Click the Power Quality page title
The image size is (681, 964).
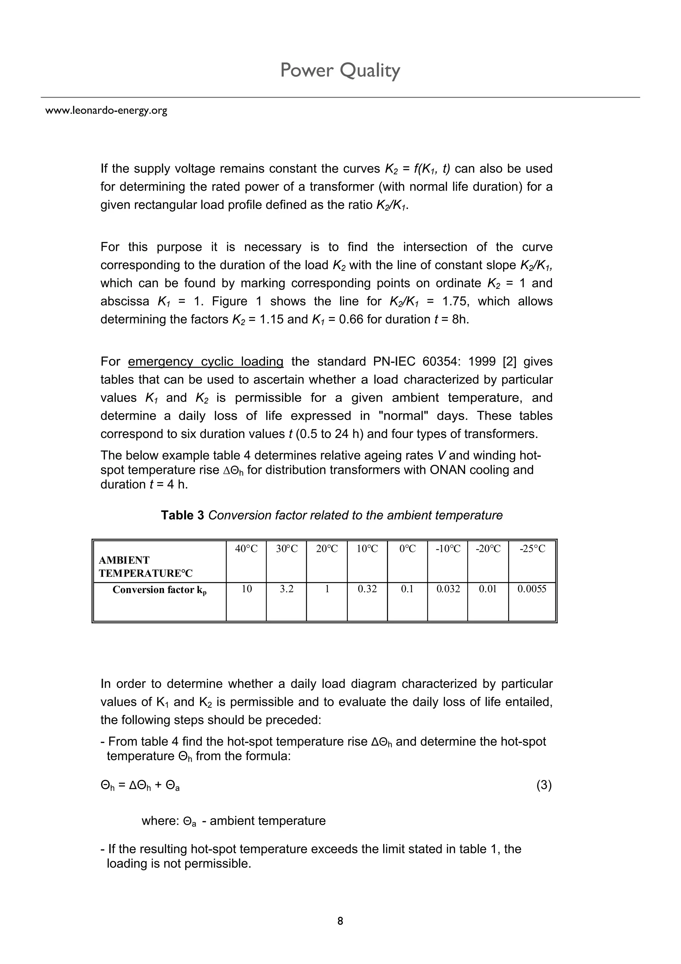340,70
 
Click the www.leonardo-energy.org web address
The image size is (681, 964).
106,110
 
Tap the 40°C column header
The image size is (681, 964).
246,549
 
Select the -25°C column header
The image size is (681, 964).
532,549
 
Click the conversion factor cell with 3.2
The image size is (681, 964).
286,589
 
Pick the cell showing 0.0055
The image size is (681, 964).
532,589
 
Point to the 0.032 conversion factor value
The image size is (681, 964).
448,589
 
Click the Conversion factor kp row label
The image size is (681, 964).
160,590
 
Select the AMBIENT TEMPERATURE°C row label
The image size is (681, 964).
145,567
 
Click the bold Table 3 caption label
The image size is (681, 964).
183,515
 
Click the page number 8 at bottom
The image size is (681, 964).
340,921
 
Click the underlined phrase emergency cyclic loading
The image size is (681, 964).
205,361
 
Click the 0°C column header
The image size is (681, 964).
407,549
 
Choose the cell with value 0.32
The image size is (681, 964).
367,589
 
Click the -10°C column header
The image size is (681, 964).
448,549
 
